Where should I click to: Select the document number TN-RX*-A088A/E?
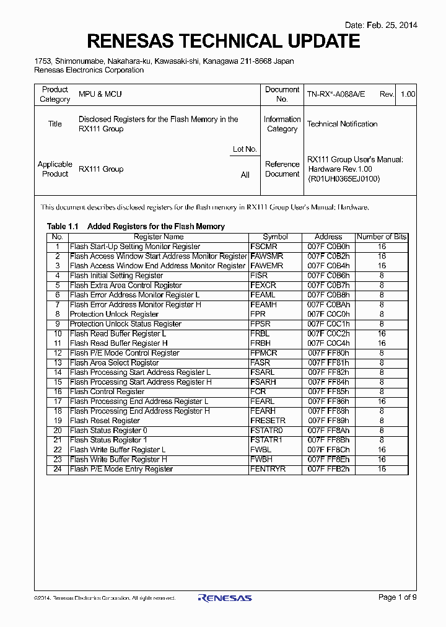pyautogui.click(x=336, y=94)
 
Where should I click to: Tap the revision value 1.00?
pyautogui.click(x=408, y=94)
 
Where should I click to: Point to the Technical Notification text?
pyautogui.click(x=342, y=124)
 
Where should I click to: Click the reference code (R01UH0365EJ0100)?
pyautogui.click(x=344, y=178)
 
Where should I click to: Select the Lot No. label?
pyautogui.click(x=245, y=149)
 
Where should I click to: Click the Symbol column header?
pyautogui.click(x=275, y=237)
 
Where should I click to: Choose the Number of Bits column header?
pyautogui.click(x=382, y=237)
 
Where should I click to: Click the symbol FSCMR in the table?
pyautogui.click(x=263, y=247)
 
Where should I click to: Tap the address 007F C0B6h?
pyautogui.click(x=328, y=276)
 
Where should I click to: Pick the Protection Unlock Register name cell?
pyautogui.click(x=114, y=314)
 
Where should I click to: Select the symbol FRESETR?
pyautogui.click(x=268, y=421)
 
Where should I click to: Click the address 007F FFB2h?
pyautogui.click(x=328, y=469)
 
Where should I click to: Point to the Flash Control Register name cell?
pyautogui.click(x=107, y=392)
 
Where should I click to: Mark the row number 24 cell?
pyautogui.click(x=58, y=469)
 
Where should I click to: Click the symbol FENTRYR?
pyautogui.click(x=268, y=469)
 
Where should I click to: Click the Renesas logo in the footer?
pyautogui.click(x=225, y=598)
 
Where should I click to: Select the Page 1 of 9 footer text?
pyautogui.click(x=397, y=597)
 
